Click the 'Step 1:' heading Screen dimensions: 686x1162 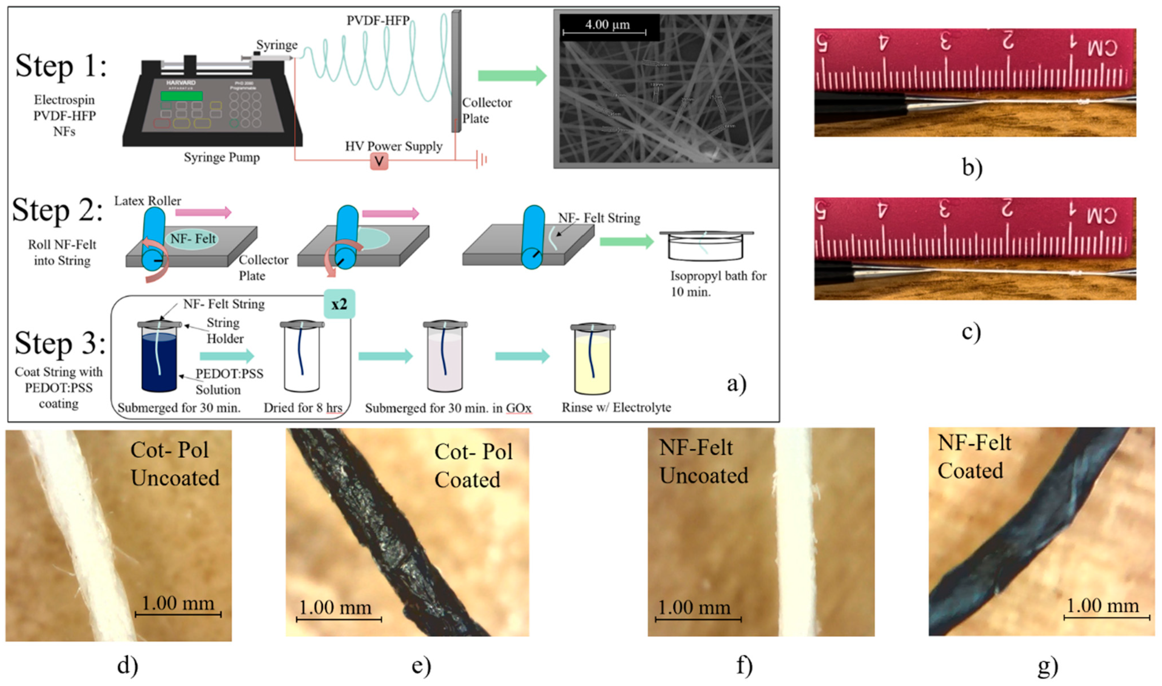61,66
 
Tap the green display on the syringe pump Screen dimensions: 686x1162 181,96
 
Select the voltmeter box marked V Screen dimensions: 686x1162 379,161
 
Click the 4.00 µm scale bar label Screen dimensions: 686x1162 607,25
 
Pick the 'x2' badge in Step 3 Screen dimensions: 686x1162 339,304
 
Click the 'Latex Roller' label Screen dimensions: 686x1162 148,201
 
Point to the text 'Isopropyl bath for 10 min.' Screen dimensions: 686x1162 718,284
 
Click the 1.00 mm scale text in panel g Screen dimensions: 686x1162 1102,606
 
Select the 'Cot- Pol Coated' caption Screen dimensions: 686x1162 473,465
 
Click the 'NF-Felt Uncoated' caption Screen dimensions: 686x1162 703,461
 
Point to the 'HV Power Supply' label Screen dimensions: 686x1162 394,146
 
